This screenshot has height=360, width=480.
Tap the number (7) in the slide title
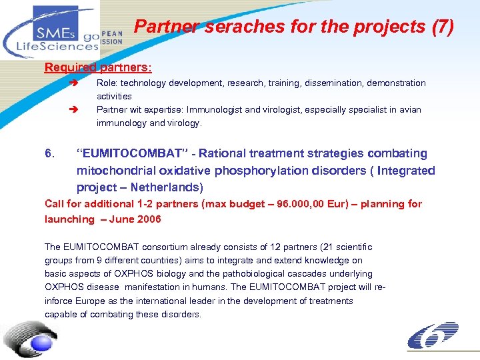click(x=442, y=27)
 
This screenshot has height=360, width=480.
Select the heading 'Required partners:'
click(x=98, y=67)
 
